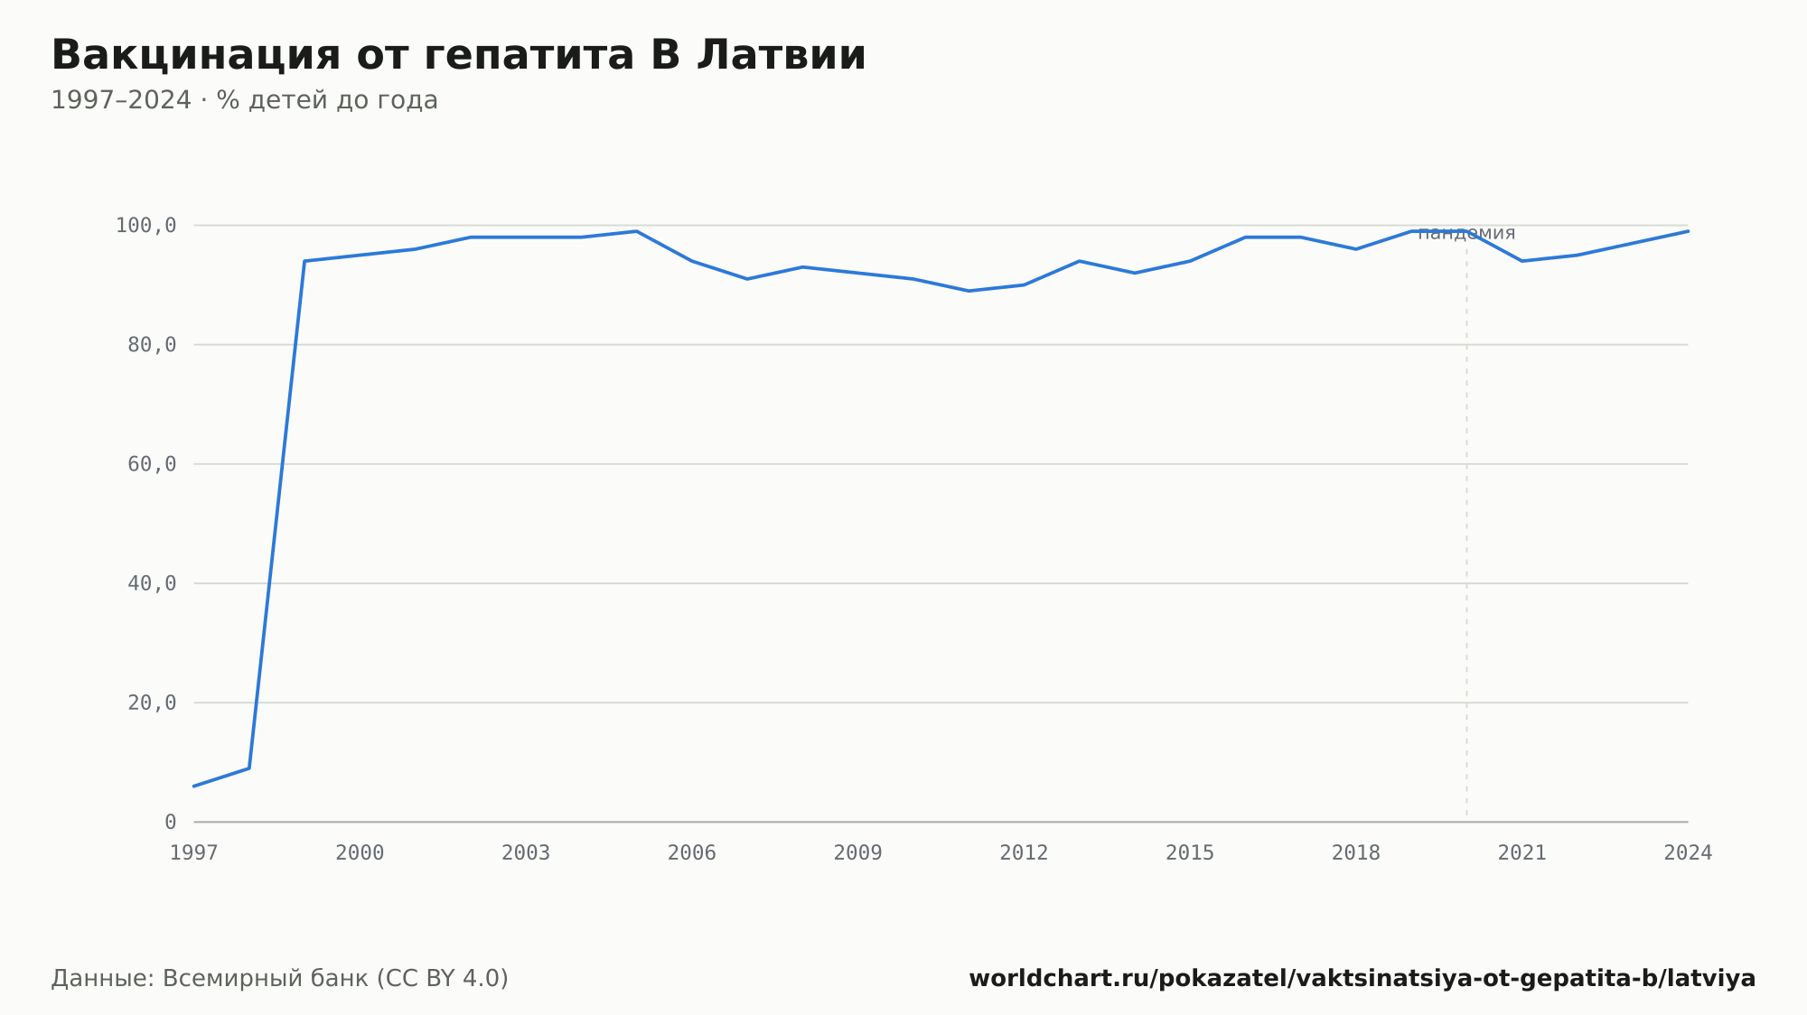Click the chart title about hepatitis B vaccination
[458, 55]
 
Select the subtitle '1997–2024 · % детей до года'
[244, 100]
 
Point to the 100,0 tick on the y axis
[145, 226]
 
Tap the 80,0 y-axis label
[152, 345]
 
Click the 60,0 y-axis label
[152, 464]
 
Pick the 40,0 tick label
[152, 583]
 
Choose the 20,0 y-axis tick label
[152, 703]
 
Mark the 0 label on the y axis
[170, 822]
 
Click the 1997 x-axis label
[194, 853]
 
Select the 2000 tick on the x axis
[360, 853]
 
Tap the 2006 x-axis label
[692, 853]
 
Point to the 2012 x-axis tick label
[1024, 853]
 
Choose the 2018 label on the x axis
[1356, 853]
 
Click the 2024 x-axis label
[1688, 853]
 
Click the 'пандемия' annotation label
[1466, 234]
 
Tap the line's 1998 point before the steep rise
[249, 768]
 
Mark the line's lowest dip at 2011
[969, 291]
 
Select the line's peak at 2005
[636, 231]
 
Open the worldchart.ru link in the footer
[1362, 979]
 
